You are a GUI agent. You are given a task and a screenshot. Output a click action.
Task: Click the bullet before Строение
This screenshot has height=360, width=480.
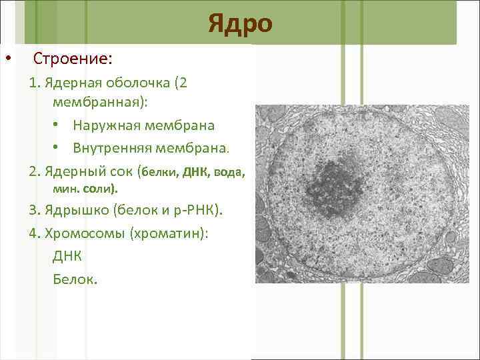click(x=7, y=59)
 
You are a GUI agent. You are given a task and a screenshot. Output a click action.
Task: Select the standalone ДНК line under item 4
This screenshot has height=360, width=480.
click(x=67, y=257)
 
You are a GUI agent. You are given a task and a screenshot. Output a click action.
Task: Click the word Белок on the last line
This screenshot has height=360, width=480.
click(x=73, y=279)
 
